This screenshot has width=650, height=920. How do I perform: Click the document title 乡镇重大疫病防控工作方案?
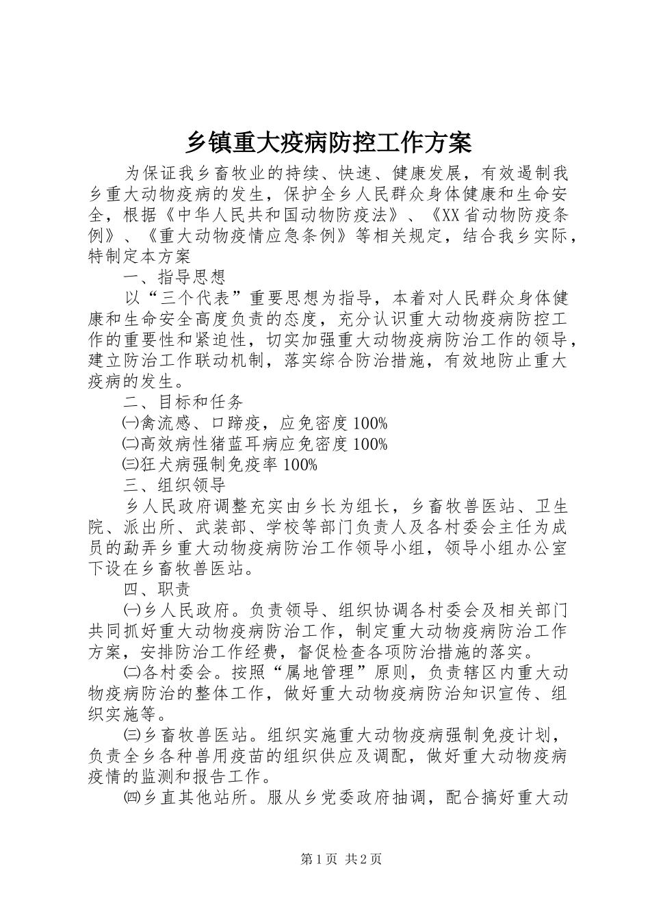click(x=328, y=144)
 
